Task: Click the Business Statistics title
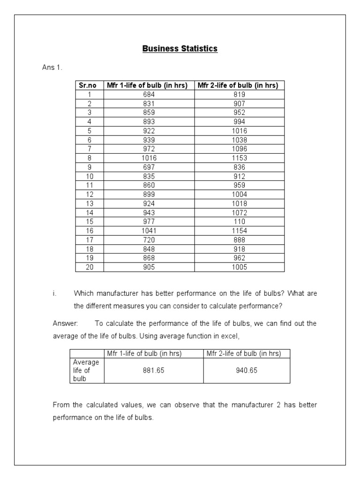pos(180,49)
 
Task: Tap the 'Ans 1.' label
pos(52,67)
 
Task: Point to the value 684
pos(149,94)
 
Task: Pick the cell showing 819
pos(239,94)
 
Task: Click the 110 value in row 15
pos(239,222)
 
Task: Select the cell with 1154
pos(239,231)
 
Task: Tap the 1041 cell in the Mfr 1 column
pos(149,231)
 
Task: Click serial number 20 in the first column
pos(90,267)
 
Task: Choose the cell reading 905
pos(149,267)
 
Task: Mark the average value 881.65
pos(154,370)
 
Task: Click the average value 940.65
pos(247,370)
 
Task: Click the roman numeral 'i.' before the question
pos(54,294)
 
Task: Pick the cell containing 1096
pos(239,149)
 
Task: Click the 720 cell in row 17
pos(149,240)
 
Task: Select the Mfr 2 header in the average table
pos(244,354)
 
